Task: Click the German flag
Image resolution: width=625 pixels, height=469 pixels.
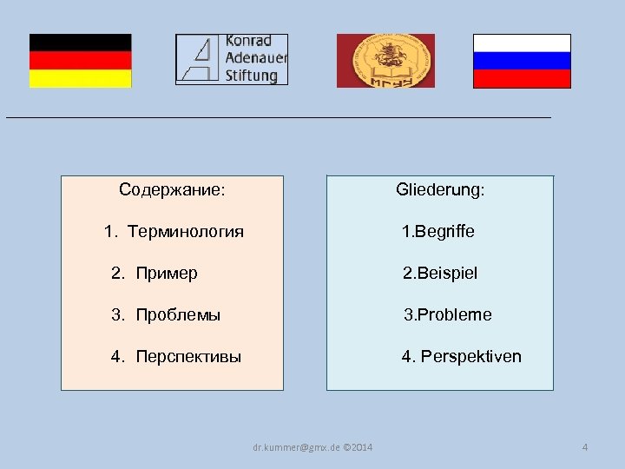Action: [x=80, y=61]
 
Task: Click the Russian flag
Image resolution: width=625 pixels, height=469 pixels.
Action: [x=522, y=61]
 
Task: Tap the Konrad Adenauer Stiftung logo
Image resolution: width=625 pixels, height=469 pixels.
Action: [x=231, y=59]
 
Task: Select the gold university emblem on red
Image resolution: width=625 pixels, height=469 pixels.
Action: [x=385, y=61]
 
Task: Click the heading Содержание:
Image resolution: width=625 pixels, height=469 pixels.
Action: [x=172, y=189]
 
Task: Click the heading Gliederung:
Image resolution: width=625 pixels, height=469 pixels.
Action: [x=440, y=189]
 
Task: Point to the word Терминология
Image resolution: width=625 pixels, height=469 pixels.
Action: [x=185, y=232]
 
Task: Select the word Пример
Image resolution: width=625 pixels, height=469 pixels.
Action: [x=167, y=274]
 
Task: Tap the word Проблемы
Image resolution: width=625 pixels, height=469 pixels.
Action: [x=178, y=315]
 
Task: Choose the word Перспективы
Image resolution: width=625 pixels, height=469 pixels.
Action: [x=188, y=357]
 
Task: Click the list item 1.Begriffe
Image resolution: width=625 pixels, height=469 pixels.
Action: [x=437, y=232]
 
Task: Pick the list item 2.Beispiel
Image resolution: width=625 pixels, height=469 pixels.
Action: [x=439, y=274]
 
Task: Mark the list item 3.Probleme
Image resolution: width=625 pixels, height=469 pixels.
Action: [x=448, y=315]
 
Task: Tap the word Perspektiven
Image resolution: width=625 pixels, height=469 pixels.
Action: [x=471, y=357]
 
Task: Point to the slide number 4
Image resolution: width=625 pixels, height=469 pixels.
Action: [x=585, y=447]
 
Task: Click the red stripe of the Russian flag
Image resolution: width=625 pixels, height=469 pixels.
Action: [x=522, y=79]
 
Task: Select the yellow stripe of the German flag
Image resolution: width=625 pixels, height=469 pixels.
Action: [x=80, y=79]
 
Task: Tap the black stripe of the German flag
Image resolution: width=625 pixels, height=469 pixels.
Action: [x=80, y=43]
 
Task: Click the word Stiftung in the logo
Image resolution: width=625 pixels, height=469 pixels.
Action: [x=251, y=76]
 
